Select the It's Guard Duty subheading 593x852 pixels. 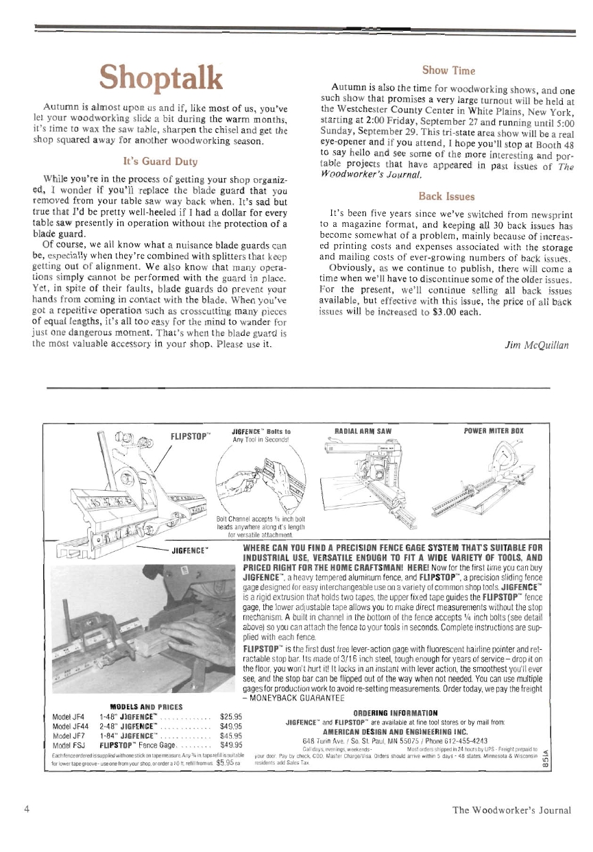(158, 163)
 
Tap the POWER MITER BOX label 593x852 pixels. (493, 430)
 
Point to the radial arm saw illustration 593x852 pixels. (370, 480)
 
